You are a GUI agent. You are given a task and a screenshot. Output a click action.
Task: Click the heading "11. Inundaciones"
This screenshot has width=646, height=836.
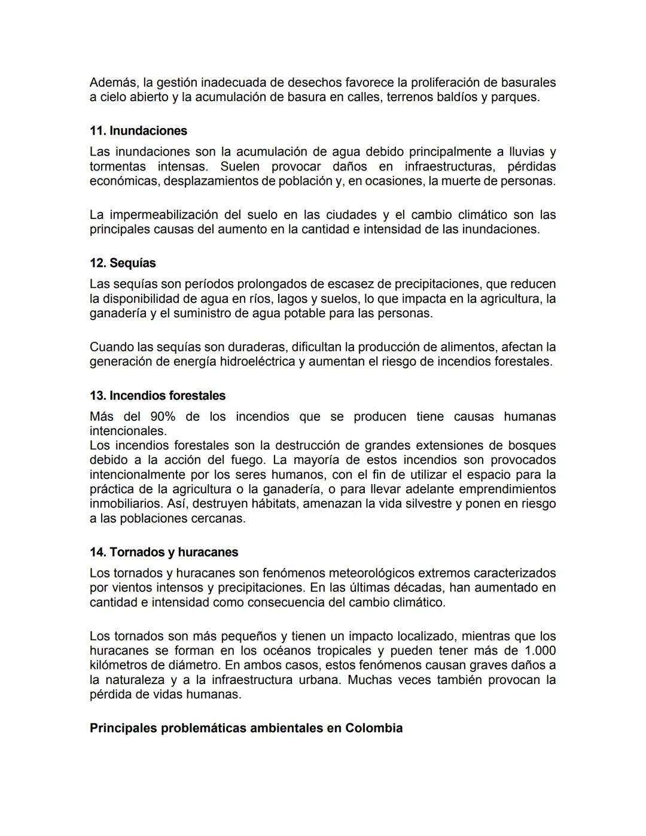pos(138,131)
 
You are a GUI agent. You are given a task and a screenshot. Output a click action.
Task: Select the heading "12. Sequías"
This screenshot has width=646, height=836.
pos(123,263)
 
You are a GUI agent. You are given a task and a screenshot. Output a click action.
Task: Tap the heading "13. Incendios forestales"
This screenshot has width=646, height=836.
pos(157,396)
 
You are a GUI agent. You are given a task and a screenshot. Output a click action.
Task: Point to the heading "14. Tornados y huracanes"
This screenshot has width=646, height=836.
pos(164,552)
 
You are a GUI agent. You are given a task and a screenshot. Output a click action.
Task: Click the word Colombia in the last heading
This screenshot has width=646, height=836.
pos(374,728)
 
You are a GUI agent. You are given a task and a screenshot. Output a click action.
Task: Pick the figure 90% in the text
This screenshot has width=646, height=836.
pos(163,417)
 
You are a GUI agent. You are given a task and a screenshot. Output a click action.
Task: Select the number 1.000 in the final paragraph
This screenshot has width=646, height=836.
pos(540,651)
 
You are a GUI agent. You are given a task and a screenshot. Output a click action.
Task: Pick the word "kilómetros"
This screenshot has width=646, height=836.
pos(120,665)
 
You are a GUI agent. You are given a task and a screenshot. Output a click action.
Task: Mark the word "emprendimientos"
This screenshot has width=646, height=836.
pos(507,490)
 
